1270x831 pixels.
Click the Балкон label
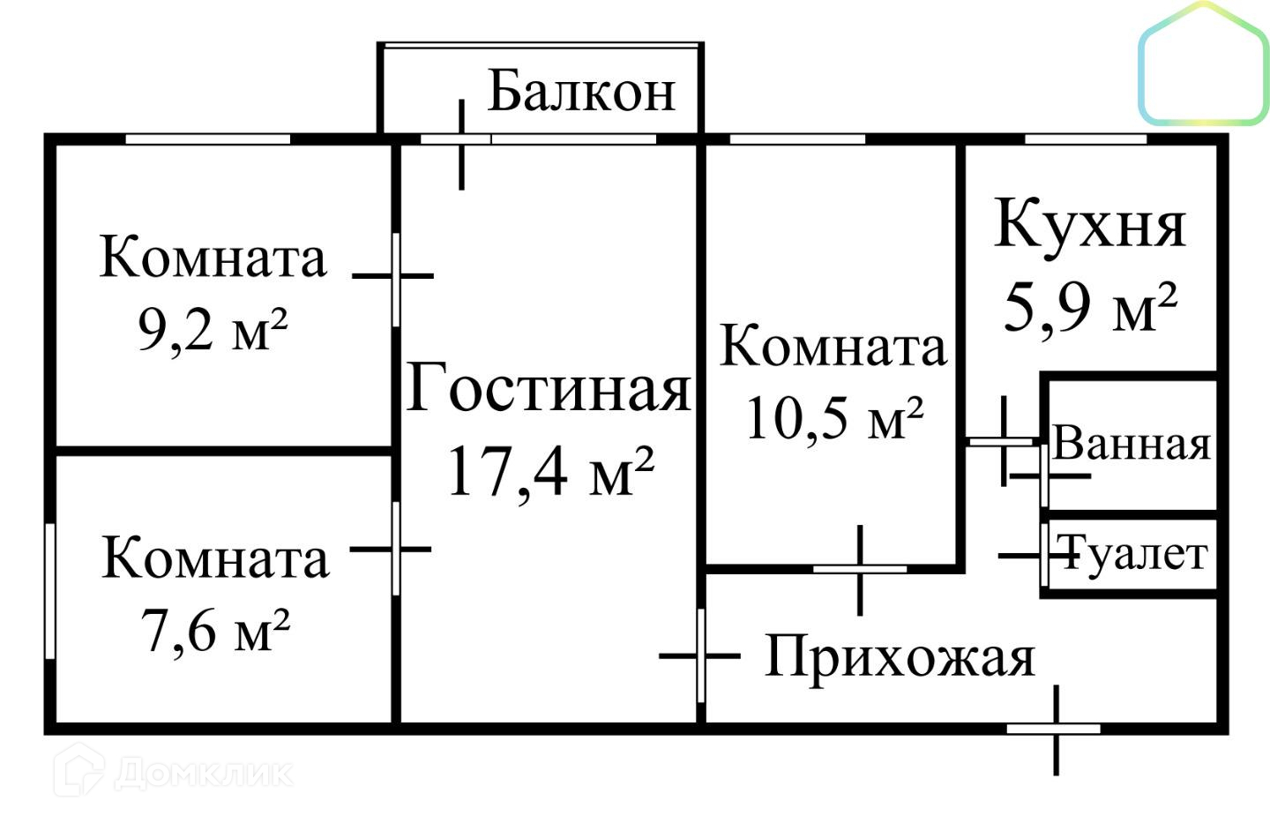pyautogui.click(x=581, y=91)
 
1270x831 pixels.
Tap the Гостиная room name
pyautogui.click(x=549, y=388)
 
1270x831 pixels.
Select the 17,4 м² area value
pyautogui.click(x=550, y=472)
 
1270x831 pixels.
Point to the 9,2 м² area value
pyautogui.click(x=213, y=330)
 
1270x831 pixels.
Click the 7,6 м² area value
pyautogui.click(x=215, y=631)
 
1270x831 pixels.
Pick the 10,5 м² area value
pyautogui.click(x=833, y=417)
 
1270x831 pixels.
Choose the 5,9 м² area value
pyautogui.click(x=1090, y=307)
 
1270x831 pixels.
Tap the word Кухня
pyautogui.click(x=1090, y=224)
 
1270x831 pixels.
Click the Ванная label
pyautogui.click(x=1132, y=443)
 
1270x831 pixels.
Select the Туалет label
pyautogui.click(x=1133, y=554)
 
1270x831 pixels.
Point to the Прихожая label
pyautogui.click(x=899, y=656)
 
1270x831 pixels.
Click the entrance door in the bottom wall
pyautogui.click(x=1054, y=729)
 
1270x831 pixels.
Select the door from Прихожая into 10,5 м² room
pyautogui.click(x=859, y=569)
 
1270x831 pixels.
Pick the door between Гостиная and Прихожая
pyautogui.click(x=701, y=655)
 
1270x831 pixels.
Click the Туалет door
pyautogui.click(x=1044, y=555)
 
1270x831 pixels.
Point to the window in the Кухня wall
pyautogui.click(x=1086, y=138)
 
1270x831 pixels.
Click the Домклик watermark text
pyautogui.click(x=203, y=774)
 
